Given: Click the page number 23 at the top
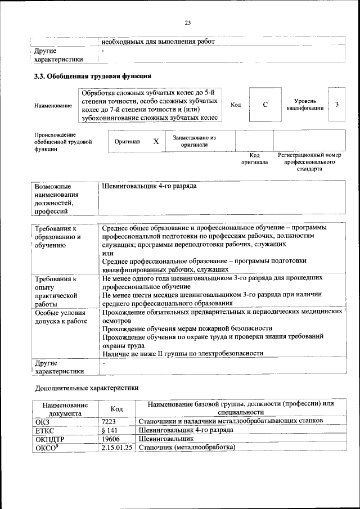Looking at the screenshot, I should tap(187, 22).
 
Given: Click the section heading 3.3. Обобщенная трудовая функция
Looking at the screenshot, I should tap(92, 76).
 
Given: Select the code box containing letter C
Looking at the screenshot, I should tap(264, 105).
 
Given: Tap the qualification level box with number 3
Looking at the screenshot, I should tap(336, 105).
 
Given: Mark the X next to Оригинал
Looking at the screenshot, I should tap(156, 142).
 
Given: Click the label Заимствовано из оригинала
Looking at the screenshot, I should tap(194, 141).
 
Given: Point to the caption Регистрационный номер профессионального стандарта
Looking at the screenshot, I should tap(309, 161).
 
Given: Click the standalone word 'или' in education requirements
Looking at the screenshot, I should tap(107, 253).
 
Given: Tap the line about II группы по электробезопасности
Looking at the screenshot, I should tap(182, 353).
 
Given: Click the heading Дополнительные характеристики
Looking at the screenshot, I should tap(86, 388).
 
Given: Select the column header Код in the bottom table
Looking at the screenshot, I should tap(116, 409).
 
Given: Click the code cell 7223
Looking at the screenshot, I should tap(109, 421).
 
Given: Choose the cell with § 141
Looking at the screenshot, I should tap(110, 430).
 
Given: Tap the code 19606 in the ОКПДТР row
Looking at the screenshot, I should tap(111, 438).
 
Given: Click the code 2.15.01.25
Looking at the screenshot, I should tap(117, 447).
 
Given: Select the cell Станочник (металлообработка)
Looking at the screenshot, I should tap(186, 447).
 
